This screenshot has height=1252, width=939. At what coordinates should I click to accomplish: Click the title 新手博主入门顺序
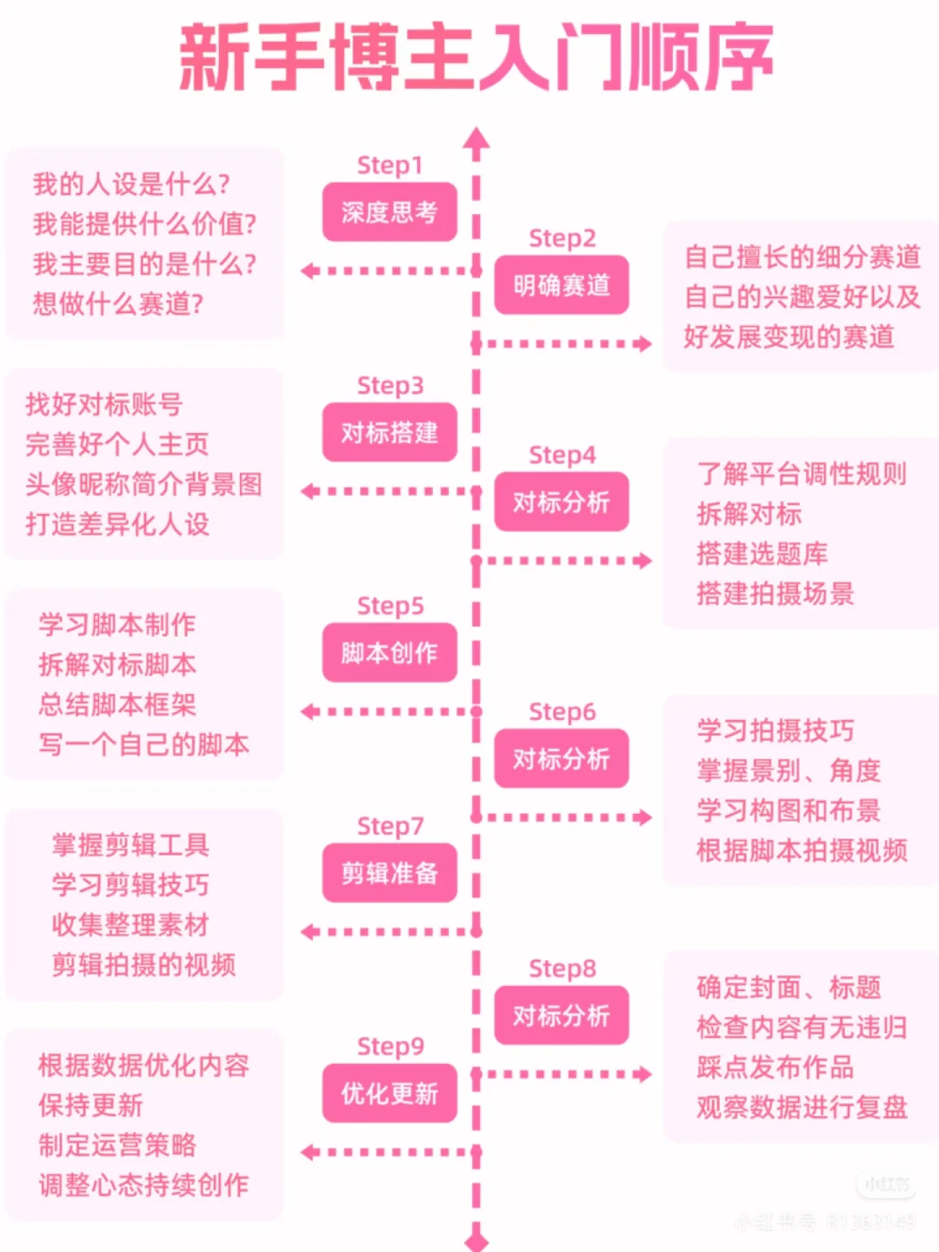[476, 58]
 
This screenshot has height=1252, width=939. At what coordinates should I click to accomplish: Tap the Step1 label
[390, 165]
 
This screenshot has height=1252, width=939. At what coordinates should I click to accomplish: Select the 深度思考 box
[390, 212]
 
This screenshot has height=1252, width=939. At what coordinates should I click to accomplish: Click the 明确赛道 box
[562, 285]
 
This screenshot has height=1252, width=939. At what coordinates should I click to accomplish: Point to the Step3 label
[390, 385]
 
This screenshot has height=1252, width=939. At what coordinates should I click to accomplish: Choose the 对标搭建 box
[390, 432]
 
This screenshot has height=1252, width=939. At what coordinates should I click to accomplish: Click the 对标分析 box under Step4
[562, 502]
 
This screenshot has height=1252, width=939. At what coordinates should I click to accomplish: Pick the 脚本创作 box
[390, 652]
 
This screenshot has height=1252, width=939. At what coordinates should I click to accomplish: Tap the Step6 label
[562, 712]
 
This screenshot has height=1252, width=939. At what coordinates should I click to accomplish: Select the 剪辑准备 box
[390, 873]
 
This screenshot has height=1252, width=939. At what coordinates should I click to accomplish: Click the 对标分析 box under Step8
[562, 1016]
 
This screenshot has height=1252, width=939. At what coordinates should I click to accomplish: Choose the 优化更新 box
[390, 1093]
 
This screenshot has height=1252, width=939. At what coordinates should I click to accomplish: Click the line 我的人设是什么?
[131, 184]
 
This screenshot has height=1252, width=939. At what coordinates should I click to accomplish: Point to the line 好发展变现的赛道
[789, 336]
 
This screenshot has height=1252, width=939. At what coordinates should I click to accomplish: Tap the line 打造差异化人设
[117, 524]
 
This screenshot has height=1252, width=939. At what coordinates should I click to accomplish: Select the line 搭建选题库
[762, 554]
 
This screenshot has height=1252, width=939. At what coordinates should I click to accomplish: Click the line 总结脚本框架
[117, 704]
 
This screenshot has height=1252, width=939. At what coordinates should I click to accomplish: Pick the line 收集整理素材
[130, 924]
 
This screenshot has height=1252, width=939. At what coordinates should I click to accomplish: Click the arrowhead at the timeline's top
[476, 139]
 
